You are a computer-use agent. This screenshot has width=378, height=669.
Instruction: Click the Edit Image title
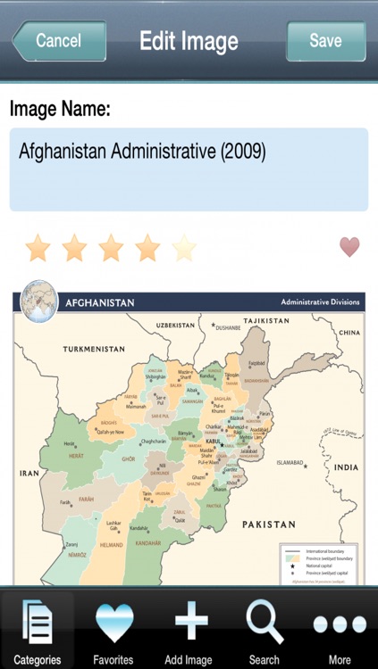[x=189, y=41]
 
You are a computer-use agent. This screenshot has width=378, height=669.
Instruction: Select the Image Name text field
[x=189, y=169]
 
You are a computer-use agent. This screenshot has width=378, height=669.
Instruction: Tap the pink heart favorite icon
[x=349, y=247]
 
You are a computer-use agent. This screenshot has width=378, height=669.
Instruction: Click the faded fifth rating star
[x=184, y=248]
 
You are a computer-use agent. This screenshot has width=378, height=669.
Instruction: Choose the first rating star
[x=38, y=248]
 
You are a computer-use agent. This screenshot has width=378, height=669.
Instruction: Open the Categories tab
[x=38, y=630]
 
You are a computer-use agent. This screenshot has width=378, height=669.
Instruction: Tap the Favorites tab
[x=113, y=630]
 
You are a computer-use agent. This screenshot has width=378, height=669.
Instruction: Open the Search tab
[x=265, y=630]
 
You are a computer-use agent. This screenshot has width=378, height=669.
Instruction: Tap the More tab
[x=340, y=630]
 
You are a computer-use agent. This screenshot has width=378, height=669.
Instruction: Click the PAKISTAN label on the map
[x=268, y=524]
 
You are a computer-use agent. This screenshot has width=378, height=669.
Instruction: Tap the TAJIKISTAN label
[x=266, y=320]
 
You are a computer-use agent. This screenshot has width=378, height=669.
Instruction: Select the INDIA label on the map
[x=346, y=467]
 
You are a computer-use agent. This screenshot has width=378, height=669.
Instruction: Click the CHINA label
[x=349, y=333]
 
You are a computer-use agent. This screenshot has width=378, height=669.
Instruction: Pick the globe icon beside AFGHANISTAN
[x=38, y=301]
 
